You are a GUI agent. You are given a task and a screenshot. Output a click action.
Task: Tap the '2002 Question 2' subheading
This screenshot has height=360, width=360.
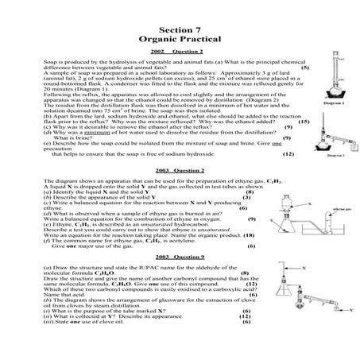pyautogui.click(x=179, y=51)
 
